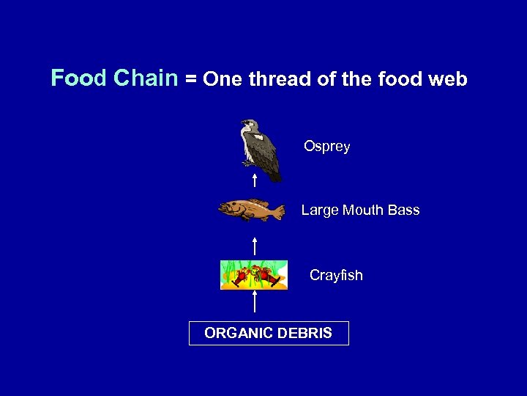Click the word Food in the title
[78, 78]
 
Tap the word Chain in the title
[146, 78]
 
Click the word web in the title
[447, 79]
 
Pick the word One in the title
[224, 79]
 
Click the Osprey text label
[327, 147]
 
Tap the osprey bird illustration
[261, 150]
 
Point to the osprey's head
[250, 125]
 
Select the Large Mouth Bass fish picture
[251, 210]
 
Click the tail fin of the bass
[277, 212]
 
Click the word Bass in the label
[403, 210]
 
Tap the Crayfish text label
[336, 276]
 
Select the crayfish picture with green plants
[254, 275]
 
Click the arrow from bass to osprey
[254, 181]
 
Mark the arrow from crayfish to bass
[254, 246]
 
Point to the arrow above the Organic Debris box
[254, 302]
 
